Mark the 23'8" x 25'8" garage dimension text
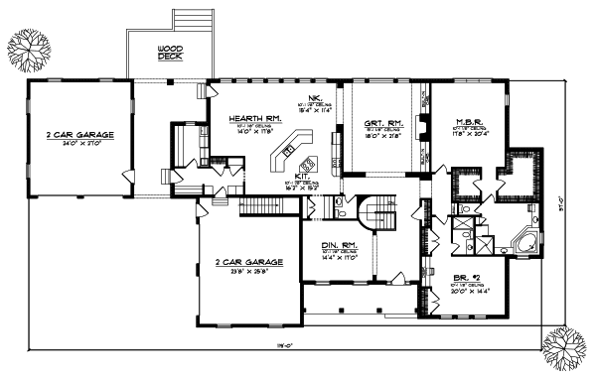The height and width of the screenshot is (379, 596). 249,270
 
